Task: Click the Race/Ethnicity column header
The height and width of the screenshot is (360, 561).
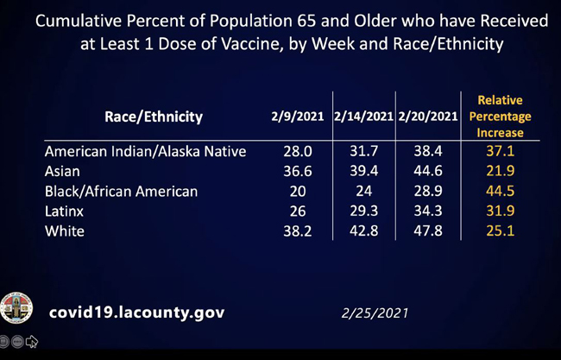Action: [154, 117]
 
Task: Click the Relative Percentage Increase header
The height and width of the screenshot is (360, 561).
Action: [500, 117]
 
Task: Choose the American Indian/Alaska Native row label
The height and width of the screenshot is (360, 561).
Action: [145, 151]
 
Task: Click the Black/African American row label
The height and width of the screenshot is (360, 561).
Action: [121, 191]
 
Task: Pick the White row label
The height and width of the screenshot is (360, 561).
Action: [64, 231]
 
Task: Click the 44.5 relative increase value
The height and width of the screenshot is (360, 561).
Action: [500, 191]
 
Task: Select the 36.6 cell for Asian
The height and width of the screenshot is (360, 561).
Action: [297, 171]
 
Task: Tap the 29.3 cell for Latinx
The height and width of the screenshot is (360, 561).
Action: [362, 211]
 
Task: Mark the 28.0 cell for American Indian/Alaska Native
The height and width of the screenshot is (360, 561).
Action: [297, 151]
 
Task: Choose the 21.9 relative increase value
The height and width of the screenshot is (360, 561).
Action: [500, 171]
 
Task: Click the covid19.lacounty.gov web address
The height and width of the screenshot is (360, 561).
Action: [136, 313]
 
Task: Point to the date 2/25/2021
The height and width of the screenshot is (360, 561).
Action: [373, 313]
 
